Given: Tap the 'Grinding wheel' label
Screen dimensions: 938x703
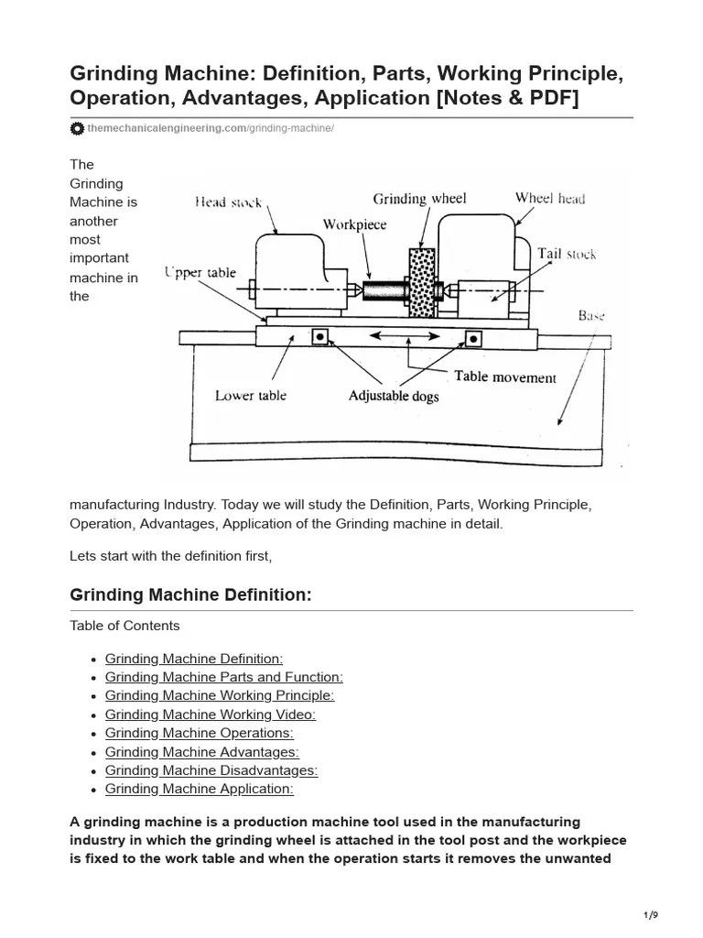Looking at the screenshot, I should click(419, 199).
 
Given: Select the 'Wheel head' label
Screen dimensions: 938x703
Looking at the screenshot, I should click(549, 198).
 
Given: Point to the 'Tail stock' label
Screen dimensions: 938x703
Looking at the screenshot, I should click(567, 254).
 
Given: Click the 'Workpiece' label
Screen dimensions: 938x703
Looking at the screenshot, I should click(354, 224).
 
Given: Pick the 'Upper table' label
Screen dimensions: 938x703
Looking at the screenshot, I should click(200, 272).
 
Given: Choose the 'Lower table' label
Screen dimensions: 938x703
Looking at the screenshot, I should click(250, 396).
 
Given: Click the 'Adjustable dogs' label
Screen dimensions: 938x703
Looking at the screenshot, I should click(394, 397).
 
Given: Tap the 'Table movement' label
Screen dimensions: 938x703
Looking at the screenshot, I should click(504, 376).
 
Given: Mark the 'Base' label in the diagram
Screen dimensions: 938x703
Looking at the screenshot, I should click(590, 315).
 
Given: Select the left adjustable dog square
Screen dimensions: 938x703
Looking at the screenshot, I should click(319, 336).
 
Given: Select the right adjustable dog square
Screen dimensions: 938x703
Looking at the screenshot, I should click(473, 338).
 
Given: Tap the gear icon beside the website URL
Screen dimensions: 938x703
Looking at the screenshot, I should click(77, 129).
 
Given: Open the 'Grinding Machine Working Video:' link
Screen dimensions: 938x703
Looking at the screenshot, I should click(210, 714).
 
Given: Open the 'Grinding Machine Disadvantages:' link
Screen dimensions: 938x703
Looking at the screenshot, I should click(211, 770).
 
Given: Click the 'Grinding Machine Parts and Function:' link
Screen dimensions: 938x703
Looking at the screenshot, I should click(223, 677).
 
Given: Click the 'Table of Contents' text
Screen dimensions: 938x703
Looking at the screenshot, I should click(124, 626).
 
